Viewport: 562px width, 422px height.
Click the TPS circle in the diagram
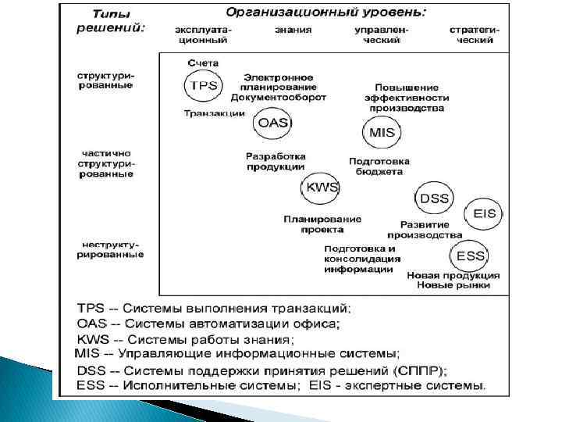(203, 86)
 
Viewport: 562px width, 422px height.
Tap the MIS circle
(382, 133)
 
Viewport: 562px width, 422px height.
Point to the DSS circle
(435, 198)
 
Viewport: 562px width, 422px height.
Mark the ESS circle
(470, 256)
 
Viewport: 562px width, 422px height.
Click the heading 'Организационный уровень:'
(326, 13)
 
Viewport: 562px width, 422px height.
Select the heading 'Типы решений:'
(112, 21)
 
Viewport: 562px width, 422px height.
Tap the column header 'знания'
(293, 30)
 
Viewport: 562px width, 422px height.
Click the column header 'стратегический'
(474, 34)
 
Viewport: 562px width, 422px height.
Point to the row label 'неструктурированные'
(109, 249)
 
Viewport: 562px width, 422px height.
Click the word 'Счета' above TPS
(203, 63)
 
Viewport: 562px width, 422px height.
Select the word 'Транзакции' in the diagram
(214, 113)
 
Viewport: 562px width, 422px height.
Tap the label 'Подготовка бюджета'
(379, 166)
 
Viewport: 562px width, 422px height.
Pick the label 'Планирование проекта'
(322, 224)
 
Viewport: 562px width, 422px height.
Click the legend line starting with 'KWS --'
(186, 340)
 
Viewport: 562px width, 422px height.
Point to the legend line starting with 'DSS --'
(261, 369)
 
